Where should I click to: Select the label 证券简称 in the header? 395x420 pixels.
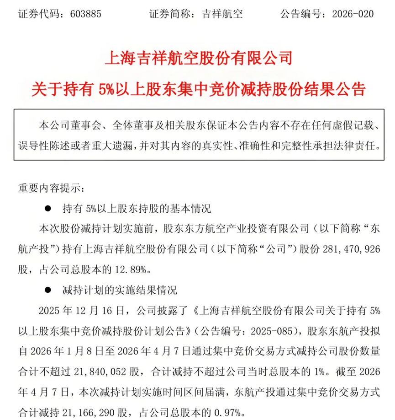(171, 14)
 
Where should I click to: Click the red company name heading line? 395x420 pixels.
(198, 59)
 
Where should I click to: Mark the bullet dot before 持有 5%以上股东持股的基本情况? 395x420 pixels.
(47, 209)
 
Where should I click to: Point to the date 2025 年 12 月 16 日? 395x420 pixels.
(85, 311)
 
